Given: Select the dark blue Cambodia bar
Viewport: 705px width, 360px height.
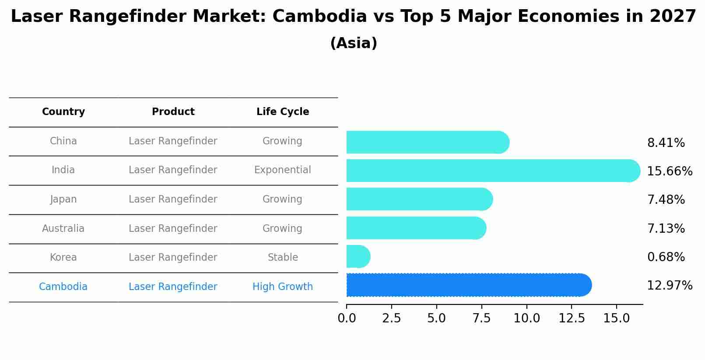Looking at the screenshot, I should (468, 285).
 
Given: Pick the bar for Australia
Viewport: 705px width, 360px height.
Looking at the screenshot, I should (416, 228).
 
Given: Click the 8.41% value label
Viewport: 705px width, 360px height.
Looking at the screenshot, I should (666, 143).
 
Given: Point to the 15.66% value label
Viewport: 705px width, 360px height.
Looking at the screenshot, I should (669, 171).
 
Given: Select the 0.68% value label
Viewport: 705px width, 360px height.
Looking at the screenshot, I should (666, 257).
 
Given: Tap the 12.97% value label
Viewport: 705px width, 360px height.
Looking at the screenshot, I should (669, 286).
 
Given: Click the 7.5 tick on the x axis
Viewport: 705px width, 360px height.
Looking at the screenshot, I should (481, 318).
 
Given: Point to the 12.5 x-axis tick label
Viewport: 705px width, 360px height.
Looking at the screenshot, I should (572, 318).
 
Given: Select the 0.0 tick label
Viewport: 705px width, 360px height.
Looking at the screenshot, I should (347, 318).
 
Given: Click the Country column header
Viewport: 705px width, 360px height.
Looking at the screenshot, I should (63, 112).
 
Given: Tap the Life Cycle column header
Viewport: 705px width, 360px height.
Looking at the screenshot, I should (283, 112).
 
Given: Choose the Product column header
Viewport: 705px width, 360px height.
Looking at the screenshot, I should (173, 112).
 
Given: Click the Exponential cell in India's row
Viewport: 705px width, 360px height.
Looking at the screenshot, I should (283, 170).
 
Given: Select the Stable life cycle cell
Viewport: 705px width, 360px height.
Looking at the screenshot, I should (283, 258).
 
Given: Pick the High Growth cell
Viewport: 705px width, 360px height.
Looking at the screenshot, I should (283, 287).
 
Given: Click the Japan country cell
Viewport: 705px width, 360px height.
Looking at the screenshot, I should (63, 199).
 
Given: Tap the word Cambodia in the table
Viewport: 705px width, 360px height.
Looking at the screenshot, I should (63, 287).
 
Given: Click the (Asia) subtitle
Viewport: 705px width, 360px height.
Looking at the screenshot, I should (353, 43).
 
